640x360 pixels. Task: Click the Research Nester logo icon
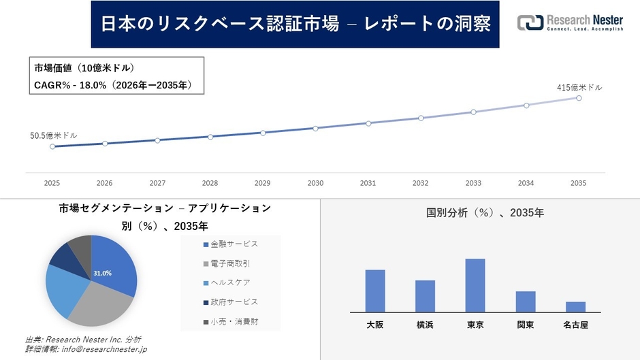tap(530, 22)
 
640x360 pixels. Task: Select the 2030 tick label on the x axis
tap(315, 184)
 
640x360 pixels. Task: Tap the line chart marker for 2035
tap(579, 98)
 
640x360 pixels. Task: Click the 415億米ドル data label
tap(579, 87)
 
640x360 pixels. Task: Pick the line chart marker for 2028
tap(210, 137)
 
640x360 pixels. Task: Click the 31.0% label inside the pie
tap(102, 273)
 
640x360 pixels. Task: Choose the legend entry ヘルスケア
tap(231, 282)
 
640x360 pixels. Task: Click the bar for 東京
tap(475, 285)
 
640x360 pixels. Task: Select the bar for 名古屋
tap(575, 306)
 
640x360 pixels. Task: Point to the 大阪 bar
tap(375, 291)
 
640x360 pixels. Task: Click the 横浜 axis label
tap(426, 325)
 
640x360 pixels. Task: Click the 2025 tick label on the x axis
tap(52, 184)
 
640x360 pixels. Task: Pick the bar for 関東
tap(526, 301)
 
